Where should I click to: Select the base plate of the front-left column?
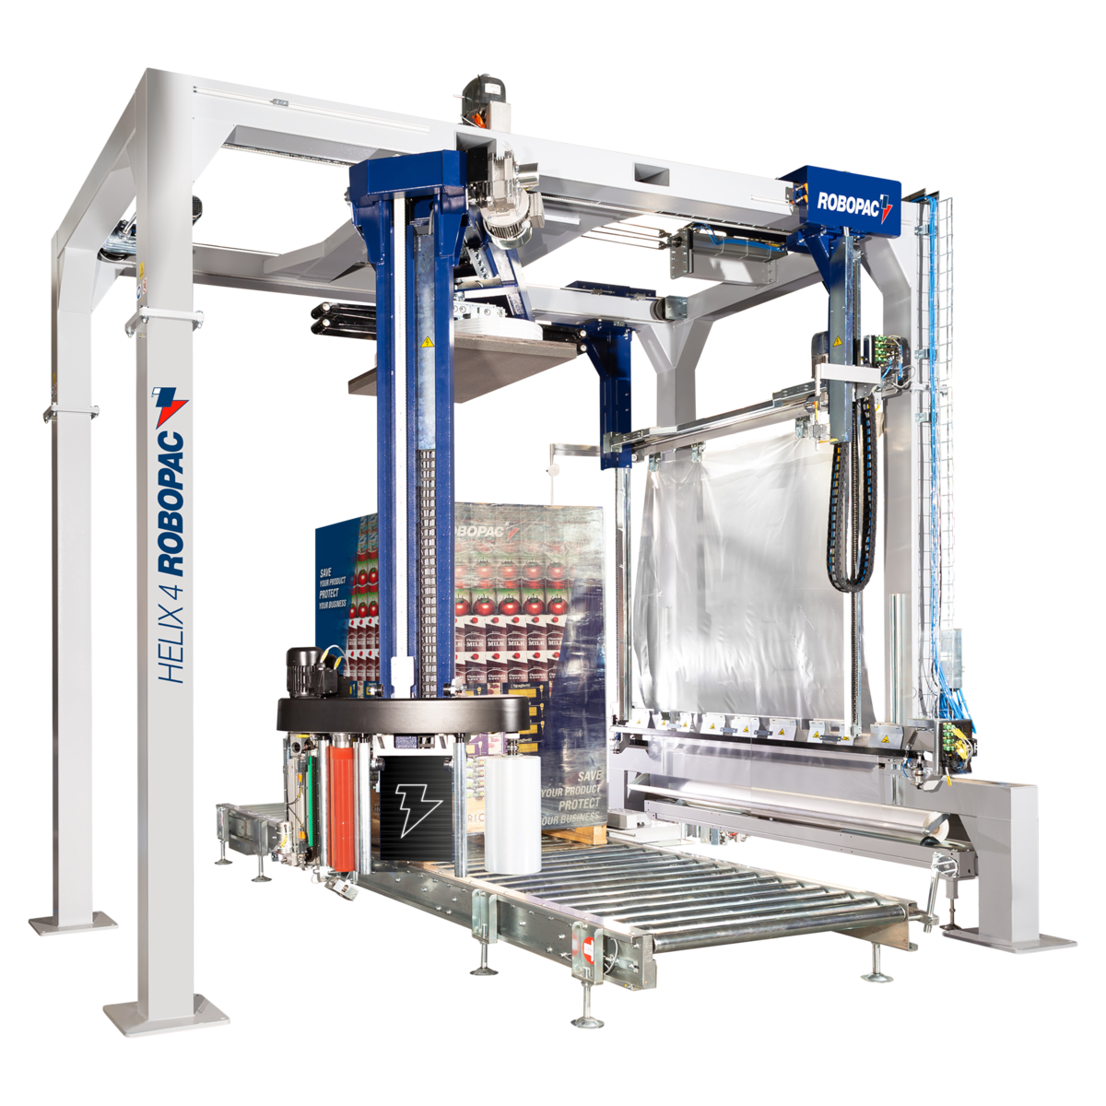(x=166, y=1014)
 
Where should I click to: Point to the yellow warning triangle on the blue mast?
(x=426, y=343)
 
